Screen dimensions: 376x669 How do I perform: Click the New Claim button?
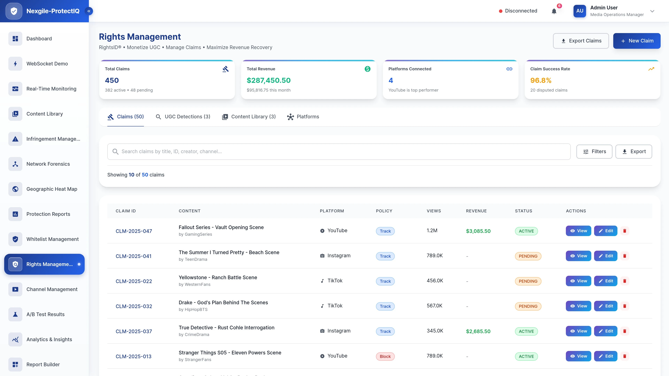[637, 41]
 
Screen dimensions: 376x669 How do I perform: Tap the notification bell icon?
[554, 11]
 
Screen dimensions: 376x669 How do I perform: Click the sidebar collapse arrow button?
[89, 11]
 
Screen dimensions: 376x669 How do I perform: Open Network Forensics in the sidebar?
[48, 164]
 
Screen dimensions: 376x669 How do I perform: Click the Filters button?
[594, 152]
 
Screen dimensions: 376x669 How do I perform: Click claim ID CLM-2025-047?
[134, 231]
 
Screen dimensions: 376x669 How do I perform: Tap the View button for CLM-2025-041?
[578, 256]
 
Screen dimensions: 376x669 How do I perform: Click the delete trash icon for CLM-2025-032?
[625, 306]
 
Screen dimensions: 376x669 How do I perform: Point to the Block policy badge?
[385, 357]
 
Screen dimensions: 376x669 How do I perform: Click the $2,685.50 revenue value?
[478, 331]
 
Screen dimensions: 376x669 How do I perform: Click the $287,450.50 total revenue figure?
[268, 80]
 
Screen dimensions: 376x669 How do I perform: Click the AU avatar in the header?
[580, 11]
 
